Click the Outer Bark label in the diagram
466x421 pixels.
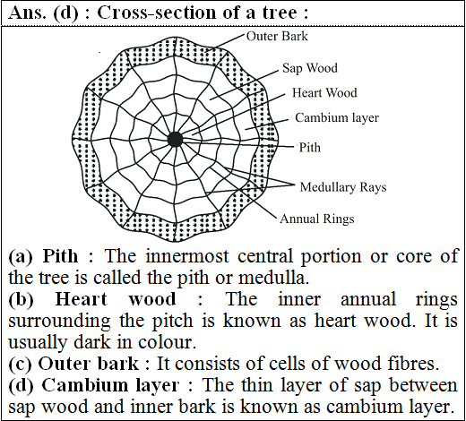click(x=277, y=37)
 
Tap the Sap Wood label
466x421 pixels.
click(x=310, y=68)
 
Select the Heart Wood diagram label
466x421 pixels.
click(x=324, y=93)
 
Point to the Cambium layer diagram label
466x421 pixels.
click(x=337, y=117)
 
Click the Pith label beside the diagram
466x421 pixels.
click(x=310, y=148)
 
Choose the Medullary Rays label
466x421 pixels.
click(x=343, y=187)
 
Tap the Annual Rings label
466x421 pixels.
click(x=317, y=219)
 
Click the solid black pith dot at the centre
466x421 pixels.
click(x=175, y=140)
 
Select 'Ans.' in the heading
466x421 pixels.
click(x=28, y=13)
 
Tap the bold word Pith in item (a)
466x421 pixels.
click(x=60, y=256)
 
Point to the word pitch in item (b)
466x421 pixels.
click(x=173, y=321)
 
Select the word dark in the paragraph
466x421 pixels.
click(x=92, y=342)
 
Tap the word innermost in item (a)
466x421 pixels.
click(x=187, y=256)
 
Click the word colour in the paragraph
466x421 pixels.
click(x=167, y=342)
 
